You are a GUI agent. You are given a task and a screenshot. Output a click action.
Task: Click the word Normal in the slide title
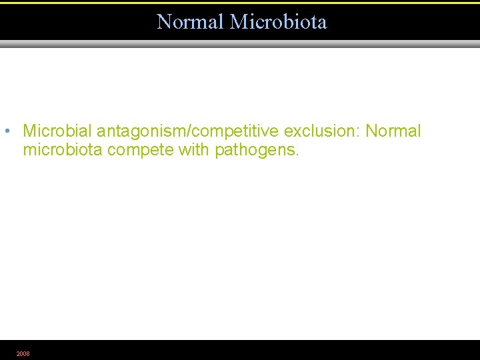click(x=191, y=22)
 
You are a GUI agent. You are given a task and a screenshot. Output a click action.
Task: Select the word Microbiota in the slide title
click(x=279, y=22)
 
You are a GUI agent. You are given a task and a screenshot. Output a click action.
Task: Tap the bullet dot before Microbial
click(x=5, y=131)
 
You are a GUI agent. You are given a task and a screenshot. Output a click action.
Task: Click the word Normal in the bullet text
click(x=394, y=131)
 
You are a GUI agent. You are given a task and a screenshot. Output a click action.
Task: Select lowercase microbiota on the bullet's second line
click(x=63, y=150)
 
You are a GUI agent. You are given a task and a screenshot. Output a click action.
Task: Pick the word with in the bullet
click(x=194, y=150)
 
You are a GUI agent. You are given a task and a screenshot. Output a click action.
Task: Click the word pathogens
click(x=255, y=151)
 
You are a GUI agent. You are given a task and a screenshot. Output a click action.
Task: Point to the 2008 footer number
click(x=23, y=353)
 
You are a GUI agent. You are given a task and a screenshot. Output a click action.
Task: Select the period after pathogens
click(x=298, y=155)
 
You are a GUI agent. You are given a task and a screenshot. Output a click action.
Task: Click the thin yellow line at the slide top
click(x=240, y=3)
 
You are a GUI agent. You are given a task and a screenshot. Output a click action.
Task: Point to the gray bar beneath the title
click(x=240, y=44)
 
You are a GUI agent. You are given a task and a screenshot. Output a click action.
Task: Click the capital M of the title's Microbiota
click(x=238, y=22)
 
